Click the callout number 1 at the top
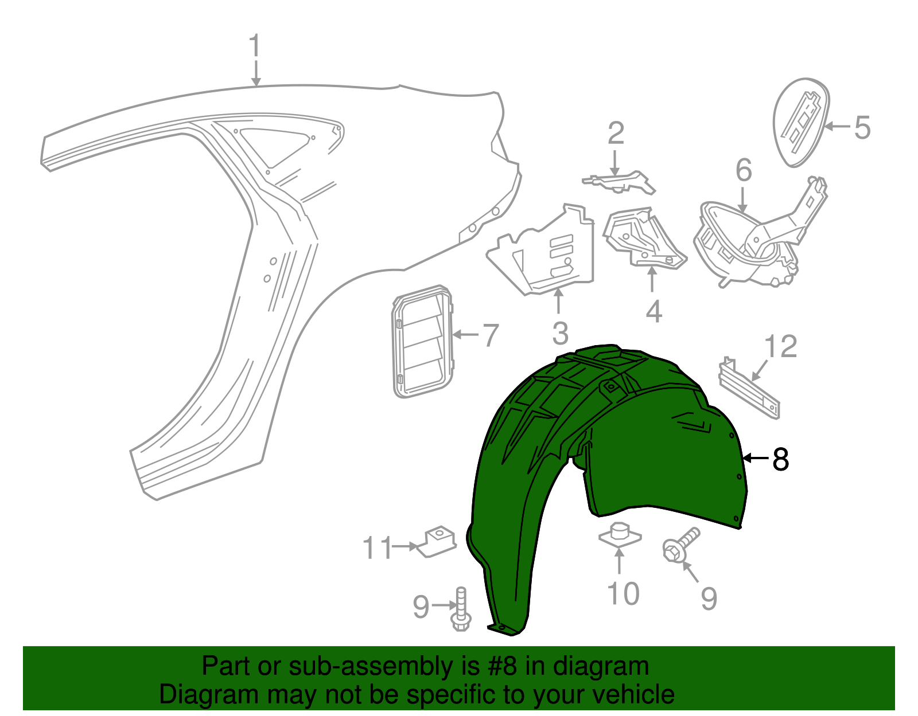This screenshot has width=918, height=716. [254, 45]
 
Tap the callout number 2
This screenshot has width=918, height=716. [616, 133]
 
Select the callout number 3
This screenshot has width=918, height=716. [560, 333]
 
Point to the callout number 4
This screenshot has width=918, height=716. [654, 312]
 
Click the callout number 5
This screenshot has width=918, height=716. [862, 128]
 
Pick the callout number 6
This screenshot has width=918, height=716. [744, 170]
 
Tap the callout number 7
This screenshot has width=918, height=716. [491, 335]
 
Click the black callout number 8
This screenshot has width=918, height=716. [780, 459]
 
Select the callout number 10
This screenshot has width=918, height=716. [623, 594]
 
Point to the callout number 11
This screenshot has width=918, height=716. [378, 547]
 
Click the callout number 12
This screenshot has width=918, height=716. [781, 346]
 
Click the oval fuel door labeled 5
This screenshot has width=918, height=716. [801, 122]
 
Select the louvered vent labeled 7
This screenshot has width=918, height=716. [423, 341]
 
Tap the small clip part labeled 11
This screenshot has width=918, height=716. [437, 541]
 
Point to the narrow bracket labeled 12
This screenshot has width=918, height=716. [749, 388]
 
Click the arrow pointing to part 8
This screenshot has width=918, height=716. [755, 458]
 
